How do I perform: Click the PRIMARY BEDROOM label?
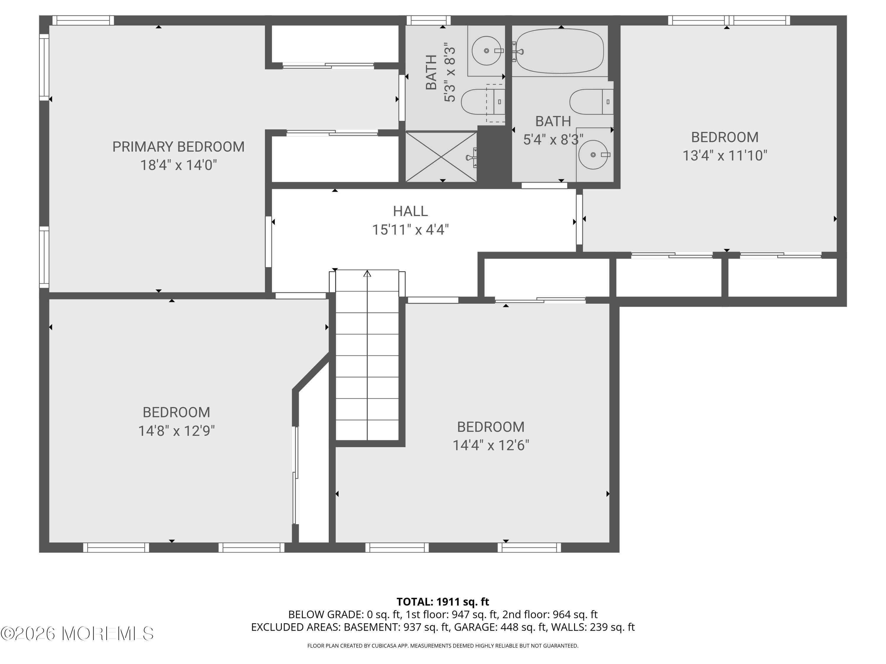coord(178,147)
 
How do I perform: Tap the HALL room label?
coord(410,211)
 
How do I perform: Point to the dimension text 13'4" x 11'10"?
coord(724,155)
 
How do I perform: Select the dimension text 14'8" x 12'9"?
coord(176,431)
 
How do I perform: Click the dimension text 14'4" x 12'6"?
coord(491,445)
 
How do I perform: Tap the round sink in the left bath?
coord(486,51)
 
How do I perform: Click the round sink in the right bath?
coord(593,155)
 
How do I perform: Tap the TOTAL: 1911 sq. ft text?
coord(443,601)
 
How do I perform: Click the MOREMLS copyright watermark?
coord(77,634)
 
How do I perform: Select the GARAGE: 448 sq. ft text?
coord(523,627)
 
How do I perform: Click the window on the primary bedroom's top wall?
coord(83,20)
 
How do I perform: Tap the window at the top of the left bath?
coord(428,20)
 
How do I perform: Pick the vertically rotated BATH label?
coord(431,72)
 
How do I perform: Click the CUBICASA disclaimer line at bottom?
coord(443,646)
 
